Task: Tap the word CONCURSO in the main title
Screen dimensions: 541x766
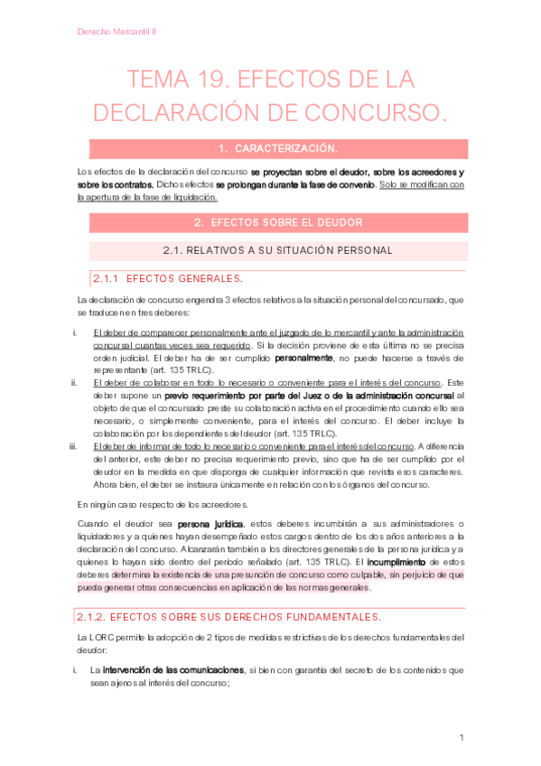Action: point(368,113)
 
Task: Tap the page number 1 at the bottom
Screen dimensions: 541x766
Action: point(462,738)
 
